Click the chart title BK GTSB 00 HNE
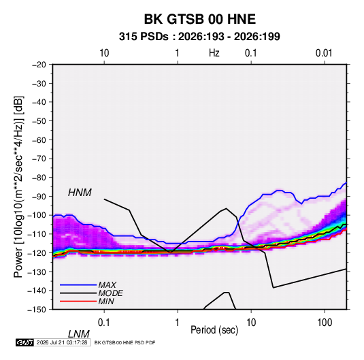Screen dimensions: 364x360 [200, 19]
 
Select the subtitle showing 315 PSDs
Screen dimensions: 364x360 [199, 37]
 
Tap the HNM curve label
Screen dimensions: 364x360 [80, 193]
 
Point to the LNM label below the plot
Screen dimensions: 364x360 [79, 334]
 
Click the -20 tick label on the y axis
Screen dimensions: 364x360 [39, 65]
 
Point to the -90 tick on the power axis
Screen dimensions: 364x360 [39, 197]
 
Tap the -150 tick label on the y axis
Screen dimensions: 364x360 [37, 310]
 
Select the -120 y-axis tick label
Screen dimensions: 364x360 [37, 253]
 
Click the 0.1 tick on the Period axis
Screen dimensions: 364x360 [103, 323]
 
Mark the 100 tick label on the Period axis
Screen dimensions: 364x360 [325, 323]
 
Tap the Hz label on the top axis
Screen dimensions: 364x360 [214, 53]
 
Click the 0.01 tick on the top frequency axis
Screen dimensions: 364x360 [324, 53]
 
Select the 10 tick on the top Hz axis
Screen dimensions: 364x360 [104, 53]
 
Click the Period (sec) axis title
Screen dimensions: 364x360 [214, 330]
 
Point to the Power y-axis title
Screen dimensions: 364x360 [19, 187]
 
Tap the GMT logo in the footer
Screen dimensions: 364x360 [24, 342]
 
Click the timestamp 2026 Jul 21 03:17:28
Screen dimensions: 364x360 [62, 342]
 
